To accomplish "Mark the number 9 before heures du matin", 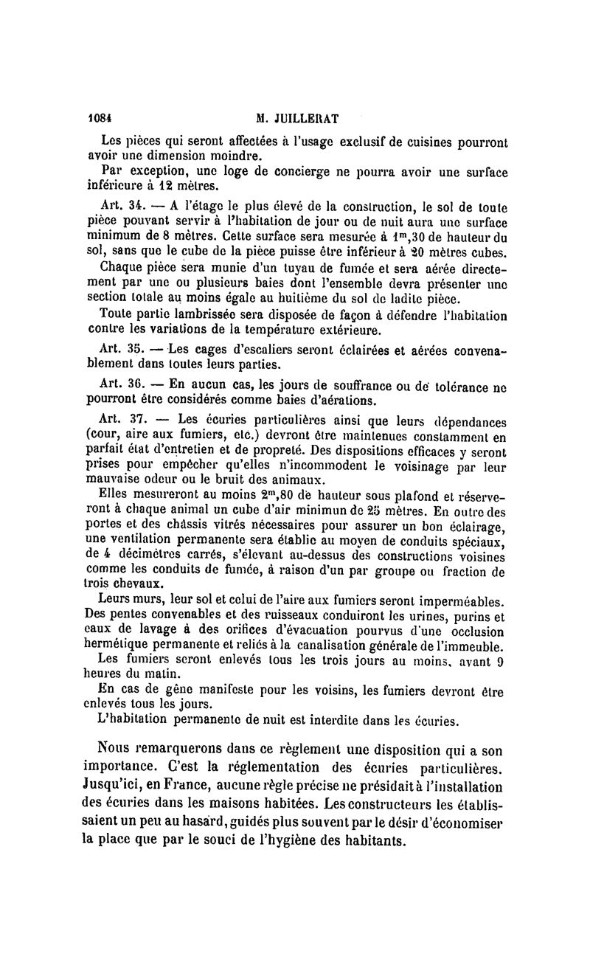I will click(500, 660).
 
